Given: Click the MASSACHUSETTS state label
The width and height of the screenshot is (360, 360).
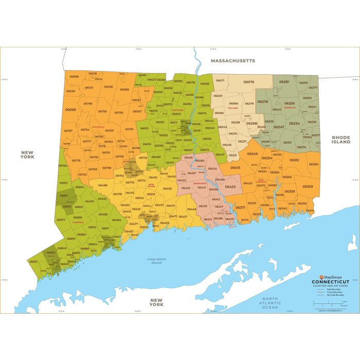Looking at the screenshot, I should tap(232, 61).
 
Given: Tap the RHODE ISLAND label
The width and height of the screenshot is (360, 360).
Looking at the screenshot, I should tap(340, 140).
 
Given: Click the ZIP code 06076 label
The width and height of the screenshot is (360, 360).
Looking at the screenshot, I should tap(249, 82).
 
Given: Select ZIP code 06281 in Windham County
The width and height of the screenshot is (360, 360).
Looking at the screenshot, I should tap(284, 82).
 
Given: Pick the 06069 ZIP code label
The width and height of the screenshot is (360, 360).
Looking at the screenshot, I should tap(70, 110).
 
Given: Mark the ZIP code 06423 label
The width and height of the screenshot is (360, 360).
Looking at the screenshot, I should tap(230, 187).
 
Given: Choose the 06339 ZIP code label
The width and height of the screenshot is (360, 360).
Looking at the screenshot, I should tap(290, 191).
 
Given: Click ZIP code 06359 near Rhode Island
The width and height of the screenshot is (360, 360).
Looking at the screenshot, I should tap(308, 186).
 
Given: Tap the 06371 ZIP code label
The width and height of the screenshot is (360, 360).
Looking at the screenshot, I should tap(240, 207).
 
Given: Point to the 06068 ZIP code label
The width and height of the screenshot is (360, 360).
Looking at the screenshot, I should tap(74, 77).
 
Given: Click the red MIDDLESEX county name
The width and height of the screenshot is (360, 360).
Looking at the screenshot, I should tap(200, 183).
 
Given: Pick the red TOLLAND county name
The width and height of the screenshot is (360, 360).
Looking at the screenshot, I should tap(235, 109).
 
